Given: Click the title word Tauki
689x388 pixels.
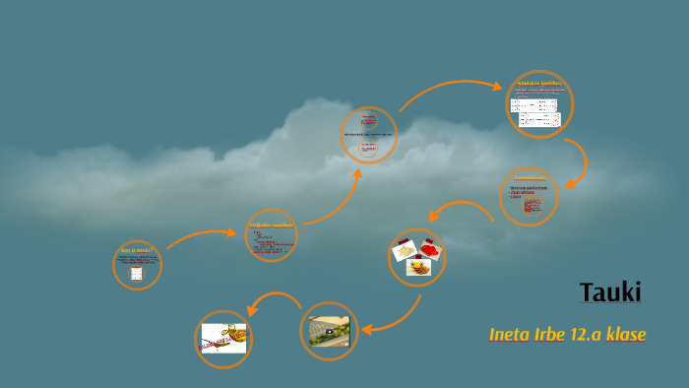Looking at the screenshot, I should (610, 292).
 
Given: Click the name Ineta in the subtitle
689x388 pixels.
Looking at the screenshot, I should (511, 335).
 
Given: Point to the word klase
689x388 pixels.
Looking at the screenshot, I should (628, 335).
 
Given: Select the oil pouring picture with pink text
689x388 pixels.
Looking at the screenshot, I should (223, 339).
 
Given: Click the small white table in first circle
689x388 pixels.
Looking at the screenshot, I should (137, 273).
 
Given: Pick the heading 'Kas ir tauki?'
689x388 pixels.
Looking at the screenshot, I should (137, 252).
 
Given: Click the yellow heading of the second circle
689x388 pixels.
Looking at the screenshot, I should (270, 226).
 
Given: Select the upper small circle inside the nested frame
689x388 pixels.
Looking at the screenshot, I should (369, 122).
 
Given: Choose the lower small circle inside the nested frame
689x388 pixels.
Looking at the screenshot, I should (368, 148).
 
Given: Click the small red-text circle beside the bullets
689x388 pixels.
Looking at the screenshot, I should (532, 206).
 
